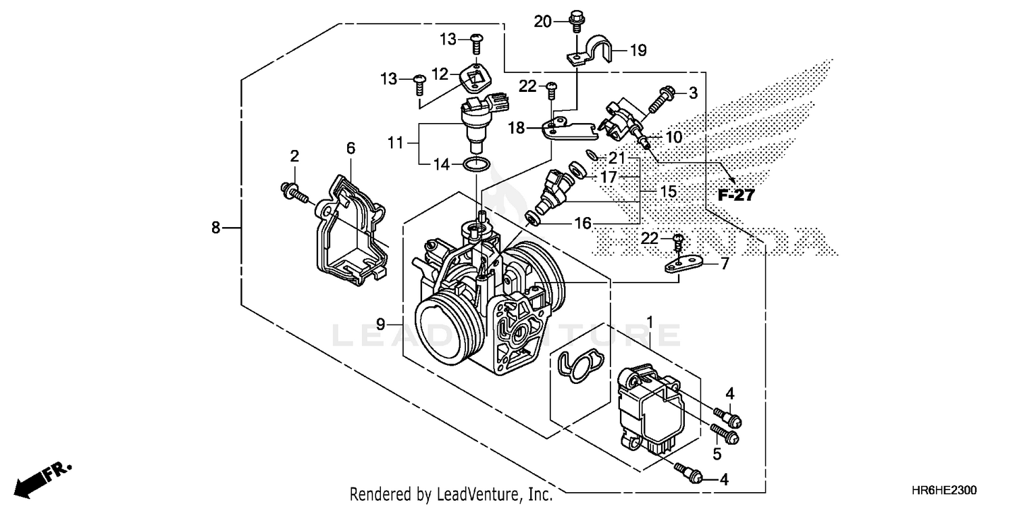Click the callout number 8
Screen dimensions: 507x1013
click(215, 228)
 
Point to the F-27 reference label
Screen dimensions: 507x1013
click(735, 195)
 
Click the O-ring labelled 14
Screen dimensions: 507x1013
click(478, 164)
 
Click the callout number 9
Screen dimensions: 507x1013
click(381, 324)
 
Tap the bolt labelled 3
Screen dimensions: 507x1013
click(659, 101)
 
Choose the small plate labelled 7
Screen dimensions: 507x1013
click(682, 263)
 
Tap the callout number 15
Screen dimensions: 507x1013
click(668, 192)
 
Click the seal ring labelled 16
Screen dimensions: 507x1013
click(532, 217)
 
